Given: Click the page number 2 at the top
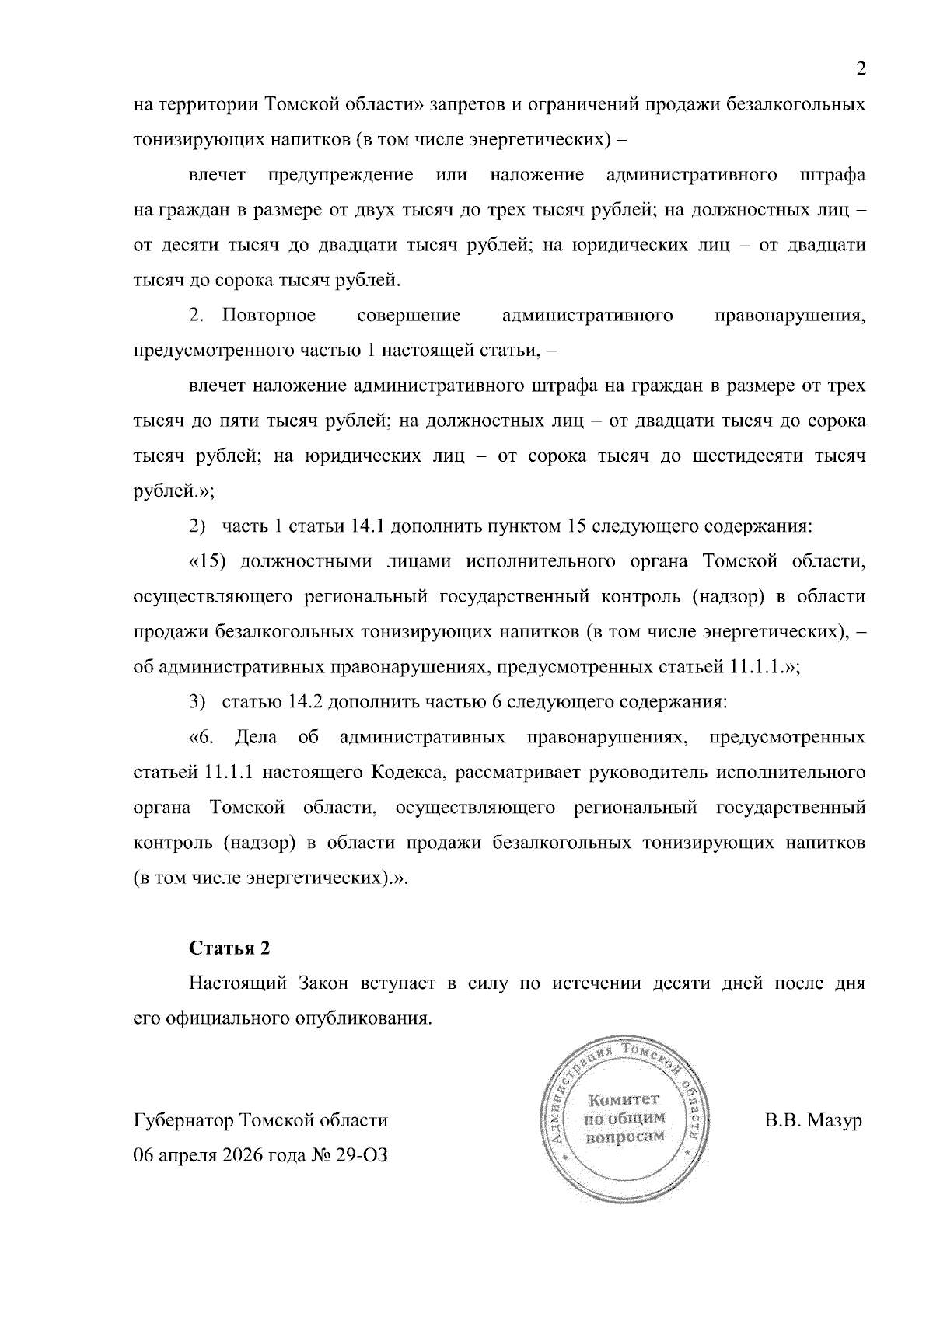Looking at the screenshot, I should point(861,69).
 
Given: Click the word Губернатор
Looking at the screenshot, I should point(184,1121).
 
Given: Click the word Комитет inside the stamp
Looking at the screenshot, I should point(624,1100).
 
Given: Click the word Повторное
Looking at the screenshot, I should point(269,315).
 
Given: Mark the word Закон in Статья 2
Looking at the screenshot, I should point(325,983).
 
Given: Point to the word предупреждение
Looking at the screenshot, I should point(341,175).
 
